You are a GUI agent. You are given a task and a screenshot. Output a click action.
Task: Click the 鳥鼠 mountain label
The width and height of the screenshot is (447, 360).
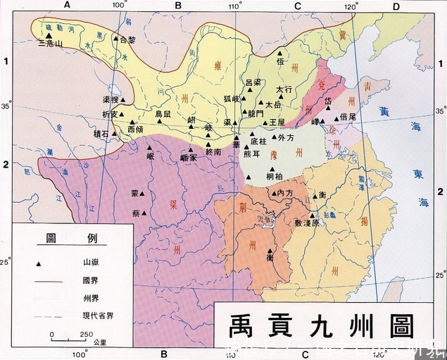(x=163, y=113)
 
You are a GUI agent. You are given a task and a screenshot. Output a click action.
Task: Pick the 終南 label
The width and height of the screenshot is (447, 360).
(x=214, y=151)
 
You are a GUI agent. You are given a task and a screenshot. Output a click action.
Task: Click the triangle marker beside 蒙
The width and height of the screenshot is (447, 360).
(x=143, y=193)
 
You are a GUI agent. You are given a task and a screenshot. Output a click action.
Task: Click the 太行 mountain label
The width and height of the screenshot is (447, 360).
(x=284, y=89)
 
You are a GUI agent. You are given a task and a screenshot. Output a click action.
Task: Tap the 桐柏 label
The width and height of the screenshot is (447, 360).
(x=275, y=175)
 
